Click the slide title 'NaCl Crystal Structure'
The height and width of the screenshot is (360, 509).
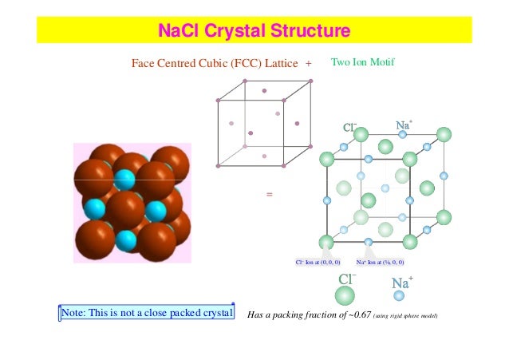254,32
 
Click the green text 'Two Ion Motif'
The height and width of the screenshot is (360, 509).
363,61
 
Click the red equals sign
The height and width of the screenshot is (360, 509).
269,194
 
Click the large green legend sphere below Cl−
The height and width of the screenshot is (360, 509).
345,296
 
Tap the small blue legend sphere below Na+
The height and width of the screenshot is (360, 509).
399,295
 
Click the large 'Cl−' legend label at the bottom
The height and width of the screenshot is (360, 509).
347,279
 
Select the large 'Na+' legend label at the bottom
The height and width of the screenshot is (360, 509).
401,282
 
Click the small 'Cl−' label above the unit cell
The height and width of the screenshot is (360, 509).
349,127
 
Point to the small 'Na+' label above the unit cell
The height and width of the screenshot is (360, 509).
404,125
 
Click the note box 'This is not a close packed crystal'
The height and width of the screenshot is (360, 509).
148,311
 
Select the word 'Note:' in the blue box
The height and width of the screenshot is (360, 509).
77,311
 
